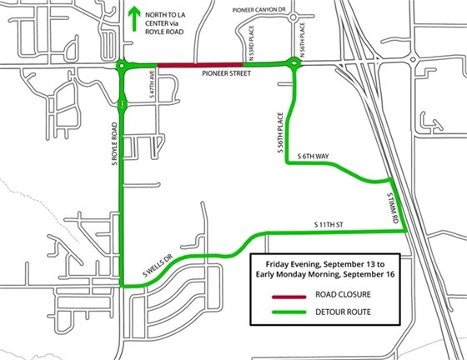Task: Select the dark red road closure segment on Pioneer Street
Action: (200, 65)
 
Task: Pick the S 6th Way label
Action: (314, 156)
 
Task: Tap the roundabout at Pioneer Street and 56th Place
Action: (294, 64)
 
